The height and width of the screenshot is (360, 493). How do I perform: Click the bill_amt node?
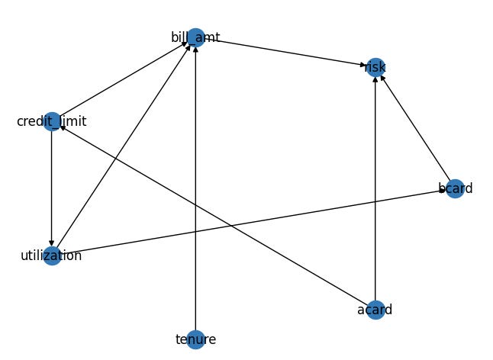pos(195,37)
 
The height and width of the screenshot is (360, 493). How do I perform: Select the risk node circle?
pos(375,67)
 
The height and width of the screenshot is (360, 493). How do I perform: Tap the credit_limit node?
pos(52,121)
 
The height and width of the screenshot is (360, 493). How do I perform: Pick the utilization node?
pos(52,255)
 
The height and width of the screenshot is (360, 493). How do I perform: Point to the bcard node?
pos(455,188)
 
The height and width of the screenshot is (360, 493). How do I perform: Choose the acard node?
pos(375,309)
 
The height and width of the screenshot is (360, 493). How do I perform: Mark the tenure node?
pos(195,339)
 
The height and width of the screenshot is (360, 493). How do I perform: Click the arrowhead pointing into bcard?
pos(442,190)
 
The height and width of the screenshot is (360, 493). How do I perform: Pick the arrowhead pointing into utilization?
pos(52,243)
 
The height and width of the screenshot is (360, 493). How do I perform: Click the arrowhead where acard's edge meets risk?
pos(375,80)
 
